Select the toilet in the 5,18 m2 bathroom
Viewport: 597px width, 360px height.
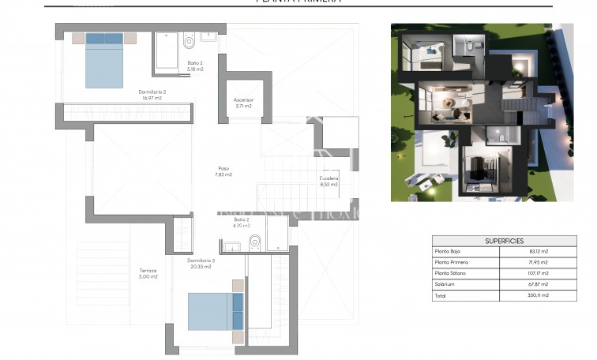pos(189,41)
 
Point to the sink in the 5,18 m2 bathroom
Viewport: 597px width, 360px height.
pos(209,36)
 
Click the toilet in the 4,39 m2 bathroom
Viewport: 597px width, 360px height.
pos(254,242)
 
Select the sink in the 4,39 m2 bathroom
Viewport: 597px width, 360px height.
pos(231,247)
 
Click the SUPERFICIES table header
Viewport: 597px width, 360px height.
pos(504,241)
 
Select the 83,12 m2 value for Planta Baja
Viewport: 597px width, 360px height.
pos(539,251)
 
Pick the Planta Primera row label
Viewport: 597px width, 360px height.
pos(452,262)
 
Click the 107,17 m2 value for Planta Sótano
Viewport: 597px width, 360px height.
pos(539,273)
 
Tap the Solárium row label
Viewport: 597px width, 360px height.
pos(445,284)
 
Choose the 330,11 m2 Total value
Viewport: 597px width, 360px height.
pos(539,295)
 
